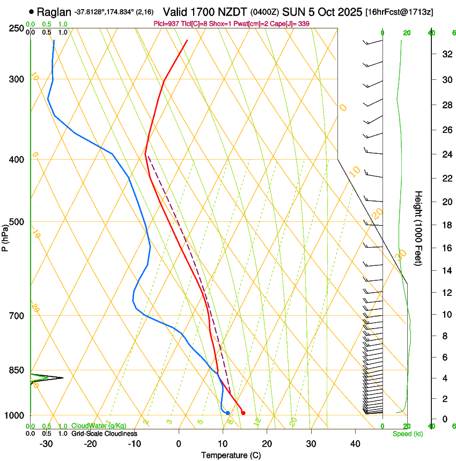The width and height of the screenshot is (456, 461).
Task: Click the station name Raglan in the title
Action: tap(54, 12)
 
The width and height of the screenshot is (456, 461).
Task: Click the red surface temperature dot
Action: tap(243, 413)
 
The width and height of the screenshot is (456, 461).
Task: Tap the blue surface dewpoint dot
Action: tap(228, 413)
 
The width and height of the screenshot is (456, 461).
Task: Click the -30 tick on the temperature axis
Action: tap(47, 444)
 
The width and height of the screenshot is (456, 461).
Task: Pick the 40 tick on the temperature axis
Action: tap(355, 444)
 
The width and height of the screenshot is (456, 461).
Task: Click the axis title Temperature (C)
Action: tap(231, 456)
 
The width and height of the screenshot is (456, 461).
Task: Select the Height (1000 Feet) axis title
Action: tap(419, 228)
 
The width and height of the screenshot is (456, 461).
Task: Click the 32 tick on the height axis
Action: tap(445, 54)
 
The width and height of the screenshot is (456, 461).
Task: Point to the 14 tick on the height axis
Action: tap(445, 271)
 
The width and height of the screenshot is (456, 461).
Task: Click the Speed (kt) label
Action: tap(408, 434)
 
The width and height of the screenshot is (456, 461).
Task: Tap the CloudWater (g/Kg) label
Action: tap(95, 426)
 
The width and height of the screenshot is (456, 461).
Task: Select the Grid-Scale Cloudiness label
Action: tap(104, 434)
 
